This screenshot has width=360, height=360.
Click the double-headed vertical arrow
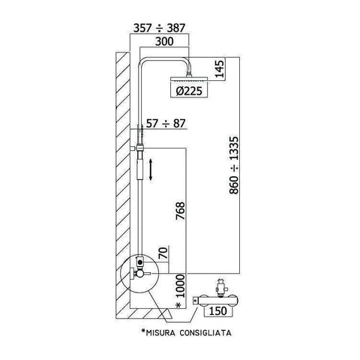(x=152, y=169)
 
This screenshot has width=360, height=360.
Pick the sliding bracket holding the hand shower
(x=136, y=150)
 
